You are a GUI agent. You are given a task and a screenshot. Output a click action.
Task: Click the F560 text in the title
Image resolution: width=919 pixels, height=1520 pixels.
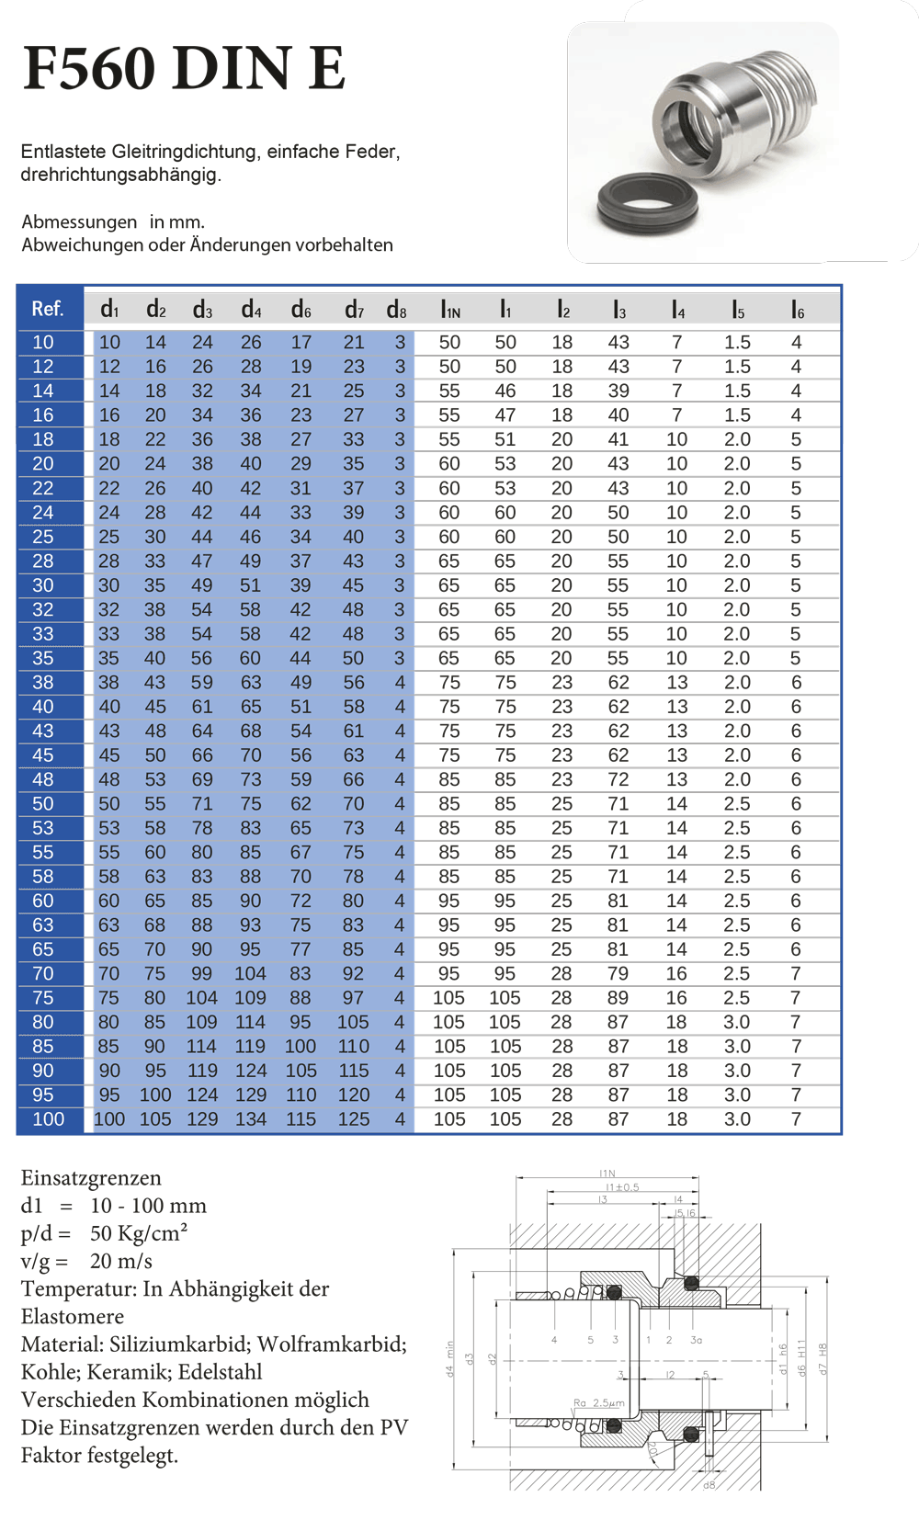[x=90, y=68]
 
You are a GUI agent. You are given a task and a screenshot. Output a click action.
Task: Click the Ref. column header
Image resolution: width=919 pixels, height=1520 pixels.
[x=48, y=309]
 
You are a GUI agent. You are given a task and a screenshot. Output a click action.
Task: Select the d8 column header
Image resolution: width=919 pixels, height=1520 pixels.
[x=396, y=310]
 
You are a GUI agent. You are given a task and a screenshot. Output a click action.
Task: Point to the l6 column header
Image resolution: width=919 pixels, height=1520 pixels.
[x=797, y=310]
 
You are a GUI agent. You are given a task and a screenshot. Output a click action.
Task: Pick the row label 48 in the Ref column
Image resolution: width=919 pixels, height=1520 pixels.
[x=43, y=779]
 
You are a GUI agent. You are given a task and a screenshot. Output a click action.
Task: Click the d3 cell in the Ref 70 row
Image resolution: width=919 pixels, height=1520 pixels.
[x=201, y=973]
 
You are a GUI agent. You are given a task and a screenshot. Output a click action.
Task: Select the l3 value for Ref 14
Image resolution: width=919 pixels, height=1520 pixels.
[x=618, y=391]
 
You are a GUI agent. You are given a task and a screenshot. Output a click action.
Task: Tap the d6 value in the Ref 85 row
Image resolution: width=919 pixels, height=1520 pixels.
[x=300, y=1046]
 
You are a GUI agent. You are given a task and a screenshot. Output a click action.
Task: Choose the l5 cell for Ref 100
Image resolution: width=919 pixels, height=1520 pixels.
[x=737, y=1119]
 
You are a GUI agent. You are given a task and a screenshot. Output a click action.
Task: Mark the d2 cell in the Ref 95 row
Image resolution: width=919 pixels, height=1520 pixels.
[x=155, y=1095]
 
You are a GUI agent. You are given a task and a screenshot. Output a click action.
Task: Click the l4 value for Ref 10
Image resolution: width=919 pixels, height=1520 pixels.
[x=676, y=342]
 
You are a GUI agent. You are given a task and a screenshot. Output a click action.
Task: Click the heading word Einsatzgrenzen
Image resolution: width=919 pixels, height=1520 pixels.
[x=91, y=1178]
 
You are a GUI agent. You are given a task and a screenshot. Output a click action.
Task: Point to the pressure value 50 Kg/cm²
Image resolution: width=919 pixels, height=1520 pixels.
[x=139, y=1233]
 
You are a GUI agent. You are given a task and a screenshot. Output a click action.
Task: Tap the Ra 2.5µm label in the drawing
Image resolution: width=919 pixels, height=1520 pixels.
[x=598, y=1403]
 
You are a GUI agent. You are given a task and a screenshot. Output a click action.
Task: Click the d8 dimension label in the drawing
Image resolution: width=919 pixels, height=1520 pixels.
[x=709, y=1485]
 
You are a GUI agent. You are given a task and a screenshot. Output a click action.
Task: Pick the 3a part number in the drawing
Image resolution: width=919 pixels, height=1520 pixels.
[x=696, y=1340]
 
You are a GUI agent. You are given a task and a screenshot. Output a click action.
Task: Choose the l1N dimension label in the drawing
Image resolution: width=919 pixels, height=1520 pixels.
[x=607, y=1174]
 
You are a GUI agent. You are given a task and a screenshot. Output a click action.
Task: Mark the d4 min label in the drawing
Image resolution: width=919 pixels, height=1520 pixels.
[x=450, y=1358]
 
